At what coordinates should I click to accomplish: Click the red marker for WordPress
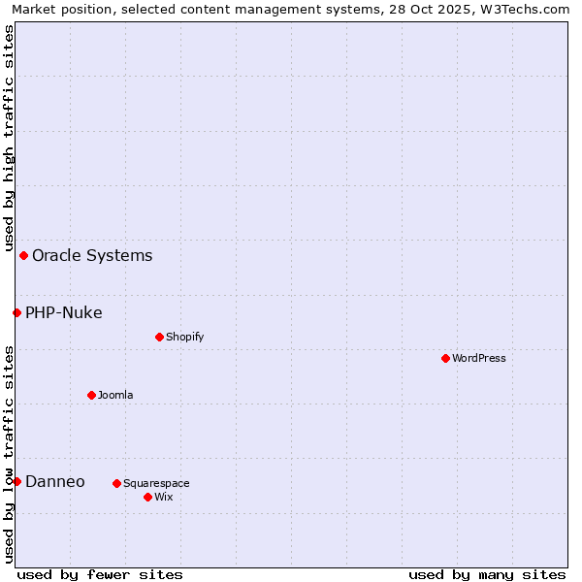[x=445, y=358]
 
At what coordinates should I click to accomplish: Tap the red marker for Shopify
[x=159, y=337]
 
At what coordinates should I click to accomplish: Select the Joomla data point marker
[x=91, y=395]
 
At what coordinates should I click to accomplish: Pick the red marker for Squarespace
[x=116, y=483]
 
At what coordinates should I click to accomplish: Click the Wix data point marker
[x=147, y=497]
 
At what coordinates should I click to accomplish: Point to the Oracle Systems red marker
[x=23, y=255]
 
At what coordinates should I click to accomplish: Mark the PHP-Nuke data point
[x=16, y=312]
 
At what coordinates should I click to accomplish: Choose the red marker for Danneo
[x=16, y=481]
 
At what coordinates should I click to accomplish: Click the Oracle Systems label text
[x=92, y=256]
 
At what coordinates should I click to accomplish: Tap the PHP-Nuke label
[x=64, y=312]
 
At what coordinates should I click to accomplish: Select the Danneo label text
[x=55, y=482]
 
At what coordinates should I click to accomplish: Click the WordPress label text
[x=479, y=358]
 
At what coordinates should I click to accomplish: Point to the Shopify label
[x=184, y=337]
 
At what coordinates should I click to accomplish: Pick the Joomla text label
[x=115, y=395]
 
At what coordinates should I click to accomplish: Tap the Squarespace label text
[x=156, y=483]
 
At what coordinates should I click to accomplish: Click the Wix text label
[x=163, y=497]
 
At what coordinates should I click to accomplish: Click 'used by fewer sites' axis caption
[x=100, y=574]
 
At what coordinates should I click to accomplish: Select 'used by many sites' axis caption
[x=487, y=574]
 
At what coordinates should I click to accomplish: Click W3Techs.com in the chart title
[x=532, y=10]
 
